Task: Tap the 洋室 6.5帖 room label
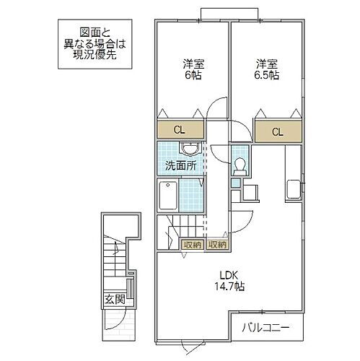265,69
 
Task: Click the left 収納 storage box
191,245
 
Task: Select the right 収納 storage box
217,245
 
